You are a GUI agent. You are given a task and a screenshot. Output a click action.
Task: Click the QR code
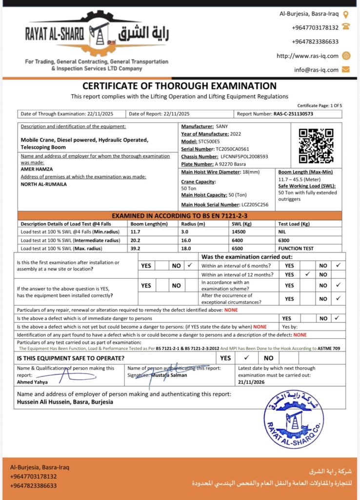[x=316, y=146]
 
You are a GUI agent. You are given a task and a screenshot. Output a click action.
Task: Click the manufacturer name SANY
[x=222, y=126]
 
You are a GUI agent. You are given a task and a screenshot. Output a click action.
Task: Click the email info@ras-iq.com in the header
[x=316, y=69]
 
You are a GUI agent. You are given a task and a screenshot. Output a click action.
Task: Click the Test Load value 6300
[x=283, y=240]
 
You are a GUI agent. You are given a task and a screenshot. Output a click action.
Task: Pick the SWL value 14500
[x=235, y=232]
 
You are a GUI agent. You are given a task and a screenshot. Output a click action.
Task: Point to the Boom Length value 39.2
[x=135, y=249]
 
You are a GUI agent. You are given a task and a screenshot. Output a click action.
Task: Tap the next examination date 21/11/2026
[x=252, y=382]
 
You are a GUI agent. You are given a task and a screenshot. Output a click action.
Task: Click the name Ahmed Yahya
[x=32, y=382]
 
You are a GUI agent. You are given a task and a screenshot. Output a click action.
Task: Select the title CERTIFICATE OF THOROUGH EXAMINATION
[x=180, y=86]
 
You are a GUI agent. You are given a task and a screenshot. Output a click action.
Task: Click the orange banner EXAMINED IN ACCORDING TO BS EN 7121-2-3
[x=180, y=215]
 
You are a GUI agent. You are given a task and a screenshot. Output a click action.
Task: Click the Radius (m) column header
[x=191, y=224]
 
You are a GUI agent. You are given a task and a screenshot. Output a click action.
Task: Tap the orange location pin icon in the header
[x=346, y=15]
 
